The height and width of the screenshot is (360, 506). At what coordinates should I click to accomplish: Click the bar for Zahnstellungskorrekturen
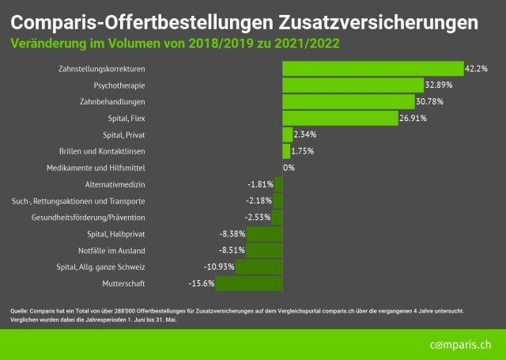[x=372, y=69]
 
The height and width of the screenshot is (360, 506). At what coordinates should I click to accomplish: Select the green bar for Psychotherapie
[x=353, y=85]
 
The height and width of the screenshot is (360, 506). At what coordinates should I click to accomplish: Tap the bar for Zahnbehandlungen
[x=348, y=102]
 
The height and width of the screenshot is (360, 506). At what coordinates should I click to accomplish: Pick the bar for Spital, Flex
[x=339, y=119]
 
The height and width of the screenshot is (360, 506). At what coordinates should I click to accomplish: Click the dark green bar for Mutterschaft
[x=248, y=283]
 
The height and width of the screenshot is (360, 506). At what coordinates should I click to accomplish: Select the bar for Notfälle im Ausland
[x=264, y=250]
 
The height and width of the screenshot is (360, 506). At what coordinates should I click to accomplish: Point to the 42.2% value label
[x=476, y=69]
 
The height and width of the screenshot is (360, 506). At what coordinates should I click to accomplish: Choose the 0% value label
[x=289, y=168]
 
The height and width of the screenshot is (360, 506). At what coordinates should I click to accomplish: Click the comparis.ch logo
[x=460, y=345]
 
